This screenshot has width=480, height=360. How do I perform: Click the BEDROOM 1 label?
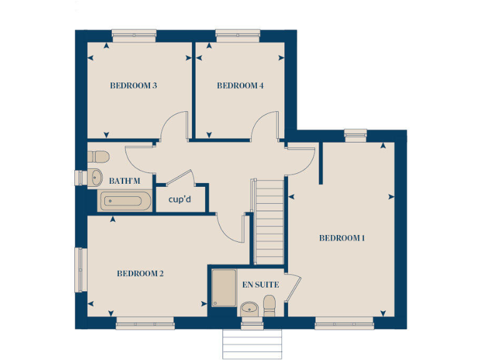point(342,238)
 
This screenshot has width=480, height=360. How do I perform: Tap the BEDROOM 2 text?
point(140,274)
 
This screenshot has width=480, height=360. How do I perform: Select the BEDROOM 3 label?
point(133,86)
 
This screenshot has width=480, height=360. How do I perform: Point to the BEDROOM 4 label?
point(240,86)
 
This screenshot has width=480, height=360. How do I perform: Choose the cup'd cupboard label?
point(180,199)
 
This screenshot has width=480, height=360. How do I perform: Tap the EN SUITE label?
point(261,285)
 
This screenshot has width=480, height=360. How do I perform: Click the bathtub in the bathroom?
point(125,201)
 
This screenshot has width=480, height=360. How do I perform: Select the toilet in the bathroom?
point(99,156)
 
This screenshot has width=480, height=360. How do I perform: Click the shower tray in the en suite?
point(223,288)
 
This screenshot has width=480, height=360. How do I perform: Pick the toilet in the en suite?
point(270,306)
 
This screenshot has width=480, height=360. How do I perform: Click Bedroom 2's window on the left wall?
point(80,269)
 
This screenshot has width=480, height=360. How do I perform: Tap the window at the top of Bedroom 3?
point(134,35)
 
